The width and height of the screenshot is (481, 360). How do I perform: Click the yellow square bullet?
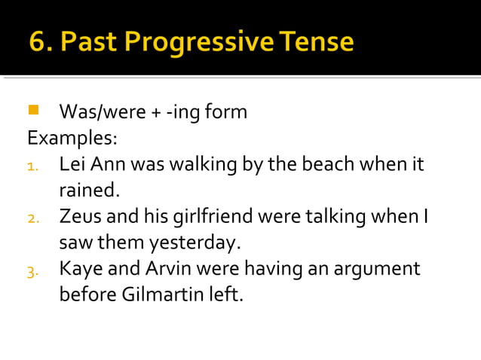pos(32,111)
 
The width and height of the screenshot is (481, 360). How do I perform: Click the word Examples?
pos(71,139)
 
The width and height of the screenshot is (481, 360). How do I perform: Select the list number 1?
pos(32,166)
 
